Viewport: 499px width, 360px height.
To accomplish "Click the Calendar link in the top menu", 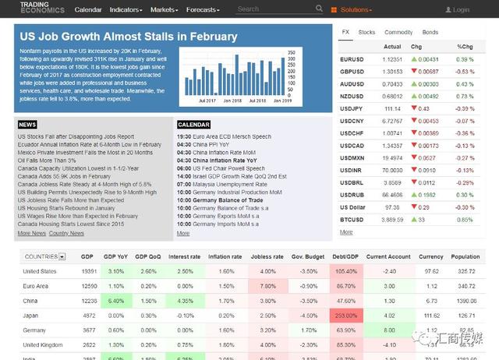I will pos(88,10).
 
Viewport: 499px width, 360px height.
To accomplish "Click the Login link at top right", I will pos(458,10).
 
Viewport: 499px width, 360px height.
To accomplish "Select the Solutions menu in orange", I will pos(355,10).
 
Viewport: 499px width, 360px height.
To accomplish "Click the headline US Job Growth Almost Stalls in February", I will pos(128,37).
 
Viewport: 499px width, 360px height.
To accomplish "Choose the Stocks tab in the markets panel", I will pos(366,33).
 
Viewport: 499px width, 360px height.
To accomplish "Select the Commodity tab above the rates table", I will pos(398,33).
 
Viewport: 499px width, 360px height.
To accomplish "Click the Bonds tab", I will pos(430,33).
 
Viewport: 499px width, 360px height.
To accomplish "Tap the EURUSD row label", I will pos(352,59).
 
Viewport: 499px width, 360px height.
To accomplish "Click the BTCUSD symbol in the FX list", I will pos(352,220).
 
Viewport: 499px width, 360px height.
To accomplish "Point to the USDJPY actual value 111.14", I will pos(392,108).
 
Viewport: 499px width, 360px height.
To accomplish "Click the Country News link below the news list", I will pos(66,233).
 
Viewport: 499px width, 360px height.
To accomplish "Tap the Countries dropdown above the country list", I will pos(44,256).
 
